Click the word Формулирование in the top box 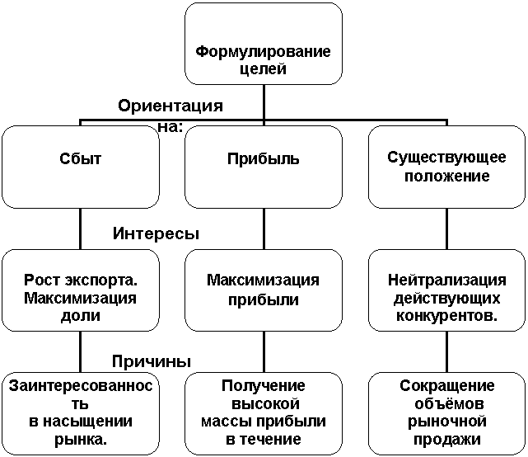pos(263,52)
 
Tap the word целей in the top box pos(263,69)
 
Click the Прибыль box pos(263,159)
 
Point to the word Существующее pos(447,159)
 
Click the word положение pos(447,177)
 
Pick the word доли pos(81,315)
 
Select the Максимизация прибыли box pos(263,289)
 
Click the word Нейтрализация pos(447,280)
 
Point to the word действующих pos(447,298)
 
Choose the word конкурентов pos(447,315)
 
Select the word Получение pos(263,386)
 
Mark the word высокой pos(263,404)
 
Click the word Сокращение pos(447,386)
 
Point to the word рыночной pos(447,422)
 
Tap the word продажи pos(447,439)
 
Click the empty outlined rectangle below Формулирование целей pos(169,105)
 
